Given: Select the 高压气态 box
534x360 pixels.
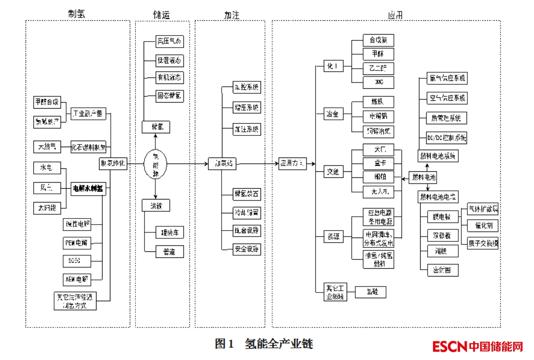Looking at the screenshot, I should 170,42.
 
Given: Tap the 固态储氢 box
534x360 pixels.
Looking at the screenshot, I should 170,96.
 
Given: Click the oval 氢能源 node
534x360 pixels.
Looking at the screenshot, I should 154,164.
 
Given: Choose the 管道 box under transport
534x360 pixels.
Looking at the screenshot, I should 170,251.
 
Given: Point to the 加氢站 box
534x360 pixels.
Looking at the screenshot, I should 223,164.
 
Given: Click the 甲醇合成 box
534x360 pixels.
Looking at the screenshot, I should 47,103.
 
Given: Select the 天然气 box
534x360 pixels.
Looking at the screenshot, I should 47,147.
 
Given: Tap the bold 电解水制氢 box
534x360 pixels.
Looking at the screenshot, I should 89,189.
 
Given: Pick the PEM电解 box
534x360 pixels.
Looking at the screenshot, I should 77,243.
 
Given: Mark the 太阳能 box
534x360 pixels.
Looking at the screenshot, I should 47,208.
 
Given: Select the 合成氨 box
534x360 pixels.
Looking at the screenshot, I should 378,40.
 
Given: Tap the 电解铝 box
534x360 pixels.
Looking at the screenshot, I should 378,116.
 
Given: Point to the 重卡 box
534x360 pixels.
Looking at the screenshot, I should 378,164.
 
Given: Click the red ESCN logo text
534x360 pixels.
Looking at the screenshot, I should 450,347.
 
